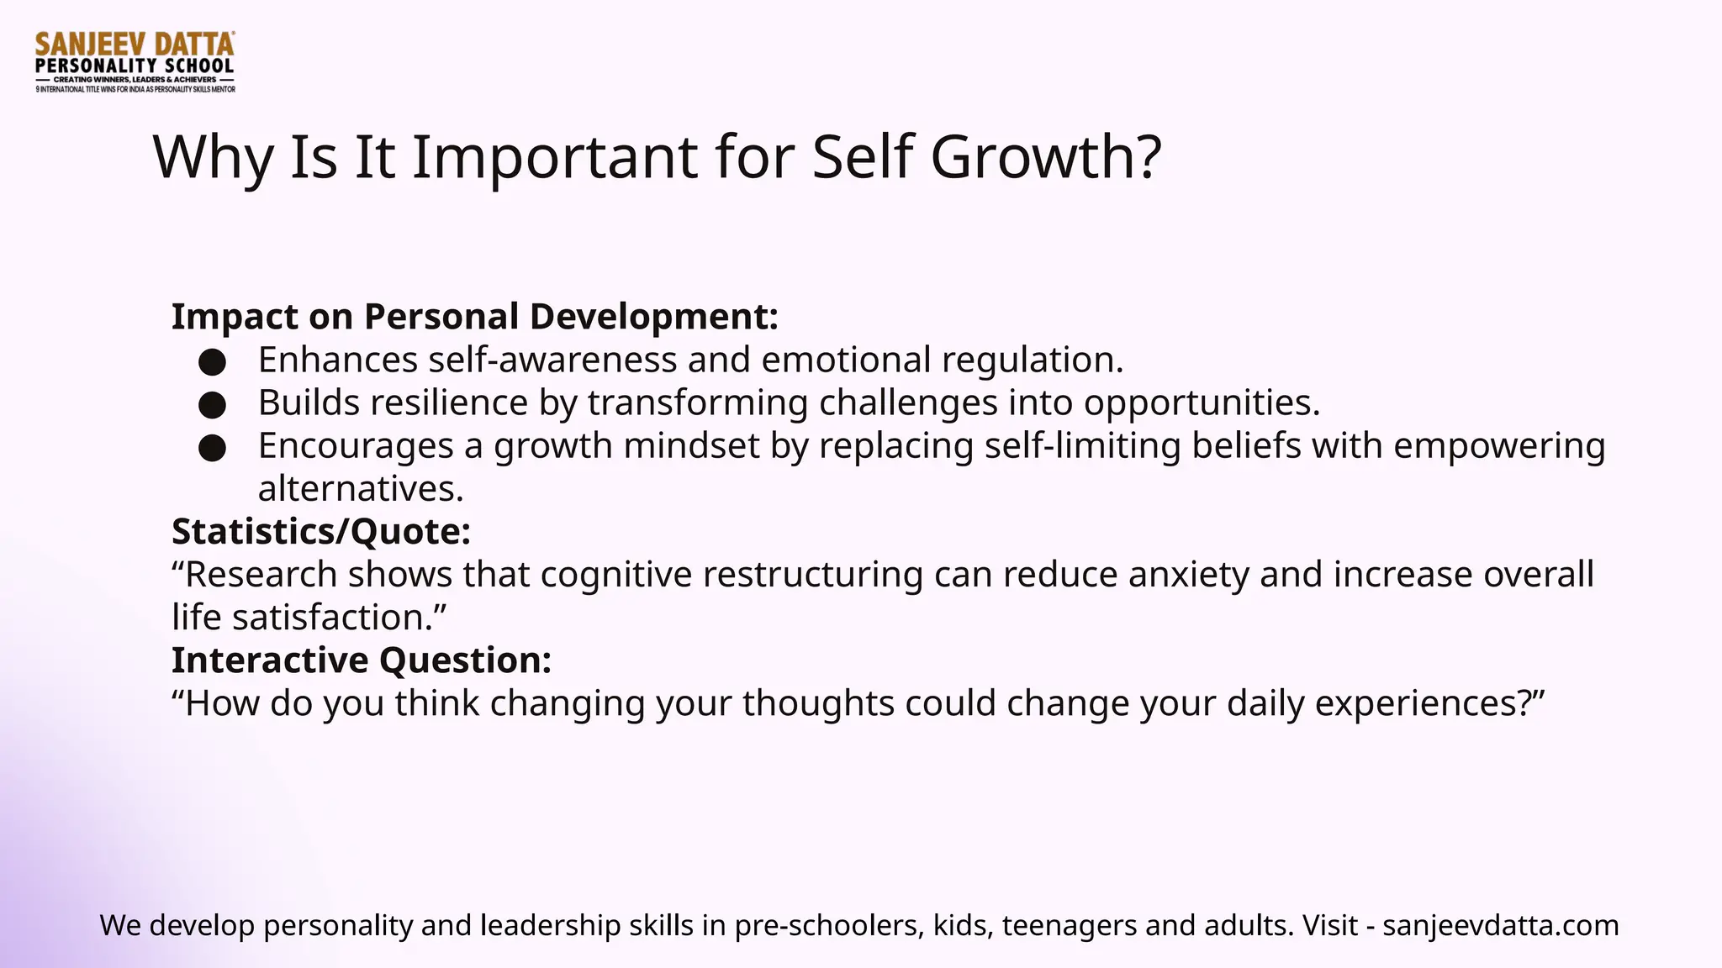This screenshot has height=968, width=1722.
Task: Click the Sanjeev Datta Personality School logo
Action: (x=135, y=62)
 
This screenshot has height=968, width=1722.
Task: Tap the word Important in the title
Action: (x=554, y=157)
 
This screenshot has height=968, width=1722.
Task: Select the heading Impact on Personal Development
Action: (x=475, y=317)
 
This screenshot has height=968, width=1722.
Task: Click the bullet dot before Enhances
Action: (x=212, y=362)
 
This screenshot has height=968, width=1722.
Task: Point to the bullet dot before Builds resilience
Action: (x=212, y=405)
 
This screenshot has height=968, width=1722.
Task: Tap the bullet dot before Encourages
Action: (x=212, y=448)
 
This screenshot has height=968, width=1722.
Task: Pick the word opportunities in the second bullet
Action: (x=1201, y=402)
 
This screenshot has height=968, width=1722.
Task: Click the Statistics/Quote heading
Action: (x=320, y=531)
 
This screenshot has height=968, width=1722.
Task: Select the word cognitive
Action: (x=615, y=575)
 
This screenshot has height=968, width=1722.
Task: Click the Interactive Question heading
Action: (x=362, y=660)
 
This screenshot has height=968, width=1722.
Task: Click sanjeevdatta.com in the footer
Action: (x=1500, y=925)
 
